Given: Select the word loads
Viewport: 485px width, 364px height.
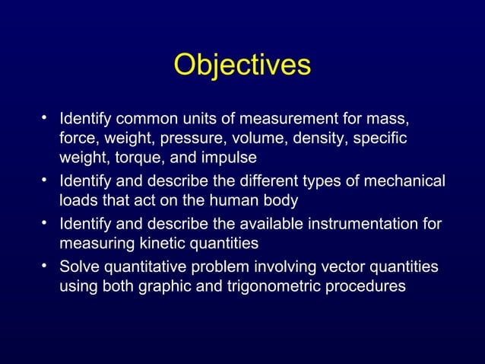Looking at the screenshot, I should coord(78,201).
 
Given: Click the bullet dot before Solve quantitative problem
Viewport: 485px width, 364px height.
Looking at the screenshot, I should coord(47,267).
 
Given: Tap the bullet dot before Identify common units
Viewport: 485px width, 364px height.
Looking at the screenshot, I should coord(47,119).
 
